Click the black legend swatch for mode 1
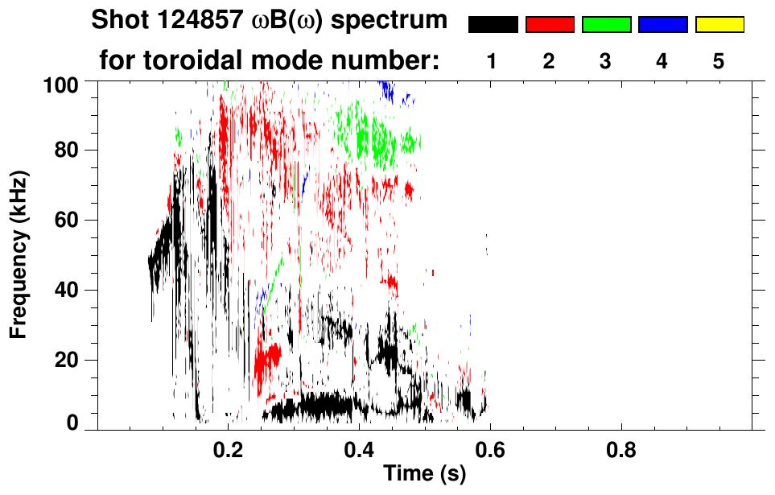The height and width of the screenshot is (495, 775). pyautogui.click(x=493, y=25)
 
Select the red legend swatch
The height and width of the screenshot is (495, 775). pyautogui.click(x=549, y=25)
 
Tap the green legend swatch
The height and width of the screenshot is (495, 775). pyautogui.click(x=606, y=25)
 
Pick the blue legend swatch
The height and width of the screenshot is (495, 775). pyautogui.click(x=662, y=25)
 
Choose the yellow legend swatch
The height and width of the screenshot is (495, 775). pyautogui.click(x=719, y=25)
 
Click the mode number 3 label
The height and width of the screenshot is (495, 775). pyautogui.click(x=606, y=61)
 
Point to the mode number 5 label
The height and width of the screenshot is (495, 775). pyautogui.click(x=719, y=61)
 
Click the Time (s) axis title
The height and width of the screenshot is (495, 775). pyautogui.click(x=424, y=474)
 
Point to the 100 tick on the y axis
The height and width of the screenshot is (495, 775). pyautogui.click(x=60, y=83)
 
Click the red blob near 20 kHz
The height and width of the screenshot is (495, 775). pyautogui.click(x=267, y=357)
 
